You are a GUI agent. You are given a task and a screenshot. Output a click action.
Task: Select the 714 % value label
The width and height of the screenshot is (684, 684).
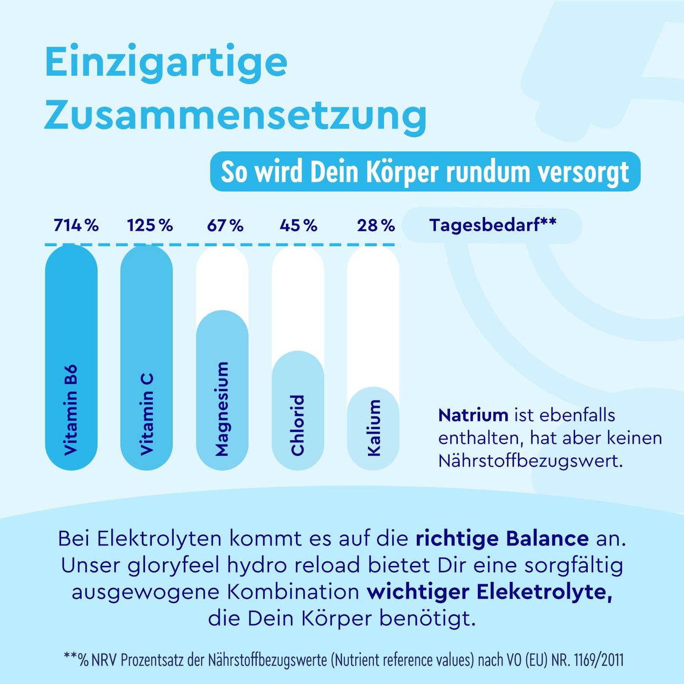76,225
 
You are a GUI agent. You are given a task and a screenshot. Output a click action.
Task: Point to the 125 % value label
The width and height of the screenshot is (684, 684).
150,225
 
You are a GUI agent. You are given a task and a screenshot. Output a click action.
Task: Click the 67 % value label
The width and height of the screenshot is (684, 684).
225,225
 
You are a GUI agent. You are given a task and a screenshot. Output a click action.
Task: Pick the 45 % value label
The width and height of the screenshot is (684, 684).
299,225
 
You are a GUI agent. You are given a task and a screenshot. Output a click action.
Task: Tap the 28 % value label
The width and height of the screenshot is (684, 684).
376,225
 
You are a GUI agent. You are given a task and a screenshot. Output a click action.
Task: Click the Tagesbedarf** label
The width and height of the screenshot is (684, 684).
492,225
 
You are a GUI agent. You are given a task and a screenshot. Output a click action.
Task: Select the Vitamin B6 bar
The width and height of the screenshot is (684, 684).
71,357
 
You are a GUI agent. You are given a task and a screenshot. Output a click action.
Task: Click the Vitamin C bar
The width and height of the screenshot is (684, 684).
147,357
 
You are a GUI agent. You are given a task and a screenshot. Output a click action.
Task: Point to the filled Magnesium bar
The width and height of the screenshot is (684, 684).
222,391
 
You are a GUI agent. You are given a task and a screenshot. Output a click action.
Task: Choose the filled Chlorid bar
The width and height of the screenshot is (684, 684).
298,410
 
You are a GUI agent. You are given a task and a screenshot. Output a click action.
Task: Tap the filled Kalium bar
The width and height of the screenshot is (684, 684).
373,428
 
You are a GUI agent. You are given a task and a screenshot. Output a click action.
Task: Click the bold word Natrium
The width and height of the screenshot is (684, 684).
473,415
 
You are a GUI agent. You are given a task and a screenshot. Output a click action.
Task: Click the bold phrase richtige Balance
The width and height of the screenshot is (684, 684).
502,538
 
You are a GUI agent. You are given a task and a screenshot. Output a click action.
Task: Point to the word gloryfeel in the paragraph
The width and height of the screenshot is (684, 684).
173,565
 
